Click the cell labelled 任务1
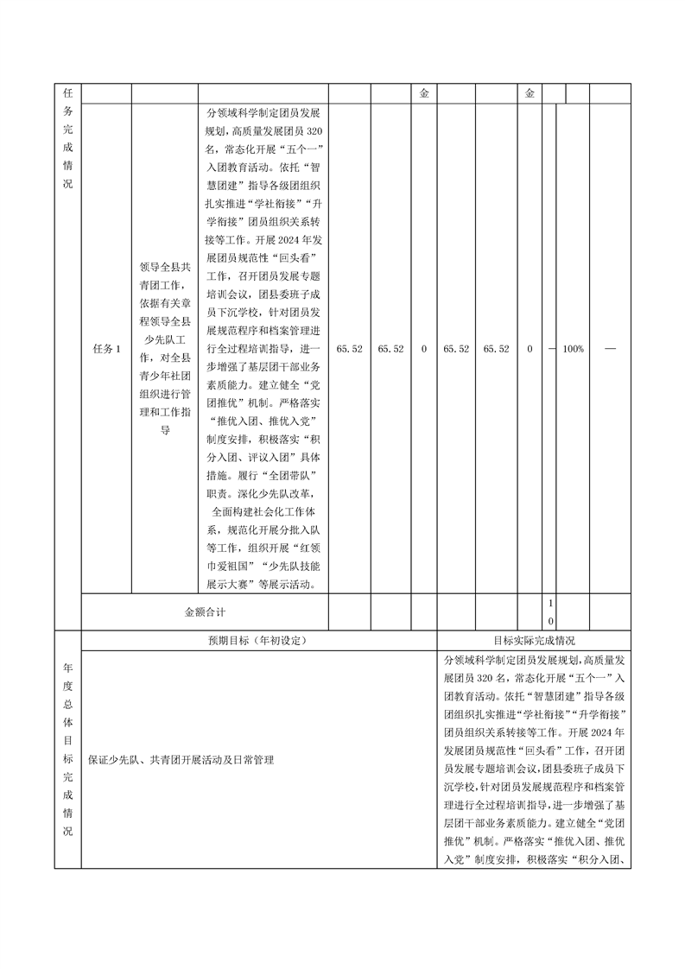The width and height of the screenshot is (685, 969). coord(105,349)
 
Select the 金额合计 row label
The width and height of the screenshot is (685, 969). coord(205,611)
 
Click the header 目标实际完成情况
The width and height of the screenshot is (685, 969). coord(534,641)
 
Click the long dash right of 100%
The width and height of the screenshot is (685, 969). coord(611,349)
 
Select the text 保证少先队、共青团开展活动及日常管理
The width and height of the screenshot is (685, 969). coord(181,760)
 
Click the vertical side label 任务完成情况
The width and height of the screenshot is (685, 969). coord(67,137)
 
